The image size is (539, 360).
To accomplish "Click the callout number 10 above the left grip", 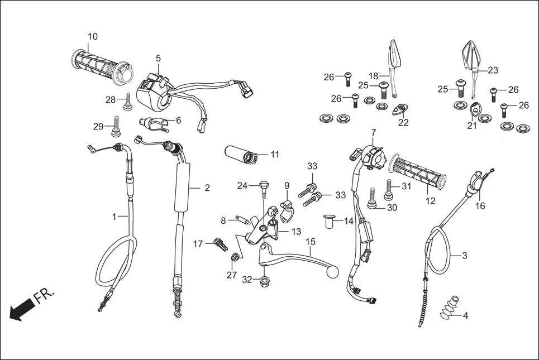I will (x=93, y=37).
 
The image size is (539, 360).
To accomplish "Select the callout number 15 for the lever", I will (x=311, y=242).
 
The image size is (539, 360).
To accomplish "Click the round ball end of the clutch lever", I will (x=334, y=273).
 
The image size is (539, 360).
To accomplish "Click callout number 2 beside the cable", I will (x=207, y=188).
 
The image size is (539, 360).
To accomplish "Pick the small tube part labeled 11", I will (x=241, y=153).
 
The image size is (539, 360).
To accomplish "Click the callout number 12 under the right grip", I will (x=431, y=201).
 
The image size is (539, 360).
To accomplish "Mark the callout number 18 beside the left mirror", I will (x=374, y=76).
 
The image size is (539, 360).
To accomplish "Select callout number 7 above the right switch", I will (x=373, y=132).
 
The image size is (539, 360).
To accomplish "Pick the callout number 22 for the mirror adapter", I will (x=403, y=122).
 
